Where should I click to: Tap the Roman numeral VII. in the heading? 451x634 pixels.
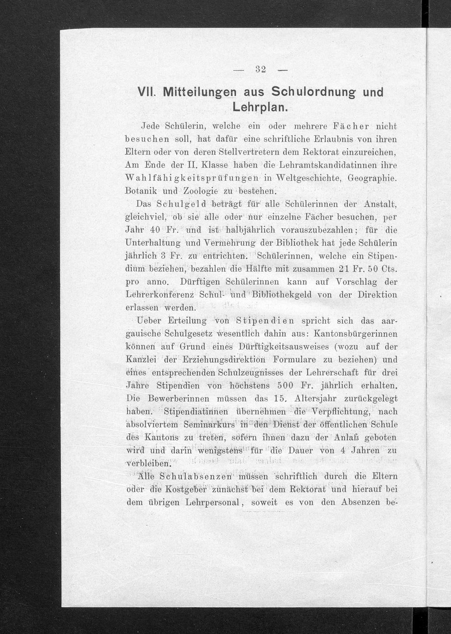pos(147,93)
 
